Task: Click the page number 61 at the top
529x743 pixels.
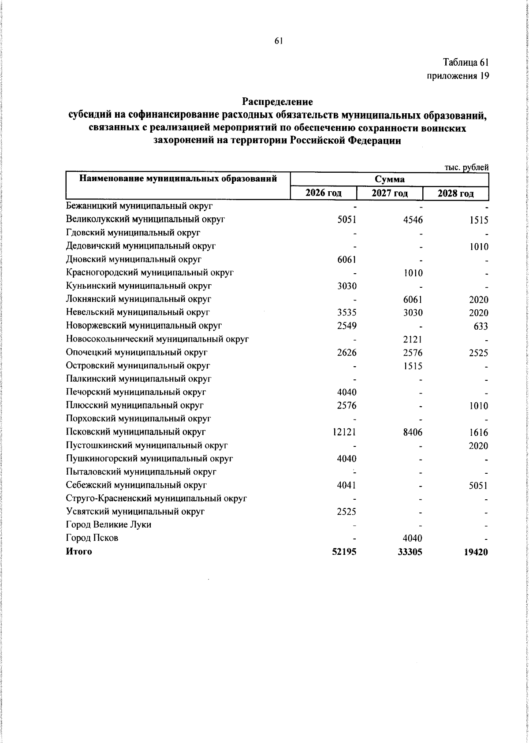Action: click(278, 41)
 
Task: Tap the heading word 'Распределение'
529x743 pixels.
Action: click(277, 102)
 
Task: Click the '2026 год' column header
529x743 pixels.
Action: click(324, 193)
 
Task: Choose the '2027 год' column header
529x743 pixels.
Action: click(389, 193)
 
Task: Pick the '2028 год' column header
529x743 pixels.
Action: click(455, 193)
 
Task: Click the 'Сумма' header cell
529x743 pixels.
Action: click(389, 179)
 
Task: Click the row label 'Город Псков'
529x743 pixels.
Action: click(92, 538)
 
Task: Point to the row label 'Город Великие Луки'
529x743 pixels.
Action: click(108, 525)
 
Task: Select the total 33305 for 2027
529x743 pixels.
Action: click(410, 552)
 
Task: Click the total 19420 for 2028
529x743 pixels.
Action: click(476, 552)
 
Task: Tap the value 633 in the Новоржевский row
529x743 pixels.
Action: click(481, 326)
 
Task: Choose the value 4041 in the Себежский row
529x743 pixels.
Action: click(346, 485)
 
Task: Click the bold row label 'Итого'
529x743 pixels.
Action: click(79, 551)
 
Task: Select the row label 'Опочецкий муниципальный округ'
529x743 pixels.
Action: click(137, 353)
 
